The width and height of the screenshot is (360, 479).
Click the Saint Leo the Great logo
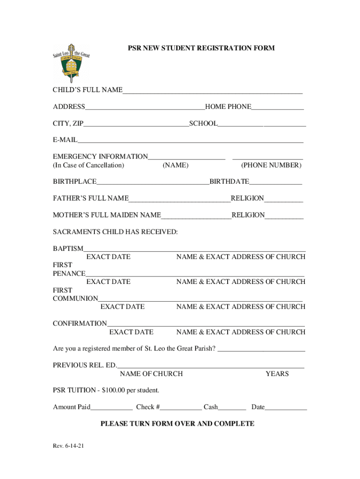(x=71, y=63)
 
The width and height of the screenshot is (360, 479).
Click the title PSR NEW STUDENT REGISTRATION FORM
(x=202, y=48)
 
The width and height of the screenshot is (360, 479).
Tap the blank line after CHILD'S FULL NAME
(x=212, y=91)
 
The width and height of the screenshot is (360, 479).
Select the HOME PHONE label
(x=228, y=107)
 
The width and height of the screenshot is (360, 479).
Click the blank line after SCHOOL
(x=262, y=124)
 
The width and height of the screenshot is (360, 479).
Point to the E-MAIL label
(x=65, y=140)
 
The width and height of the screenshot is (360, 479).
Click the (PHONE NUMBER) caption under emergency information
(x=271, y=166)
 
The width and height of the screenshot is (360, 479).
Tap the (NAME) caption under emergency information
(x=175, y=166)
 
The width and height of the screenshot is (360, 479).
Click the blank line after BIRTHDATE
(x=275, y=182)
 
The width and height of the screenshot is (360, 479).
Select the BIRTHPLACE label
(x=75, y=181)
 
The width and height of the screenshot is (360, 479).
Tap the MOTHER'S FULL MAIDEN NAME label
(x=107, y=215)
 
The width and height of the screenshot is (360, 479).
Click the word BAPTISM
(x=68, y=248)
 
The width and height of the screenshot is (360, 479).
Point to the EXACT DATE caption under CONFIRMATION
(x=131, y=332)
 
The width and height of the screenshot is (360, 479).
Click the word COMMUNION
(x=75, y=298)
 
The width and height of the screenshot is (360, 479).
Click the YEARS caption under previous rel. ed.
(x=277, y=374)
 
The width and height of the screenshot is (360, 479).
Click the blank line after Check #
(x=181, y=408)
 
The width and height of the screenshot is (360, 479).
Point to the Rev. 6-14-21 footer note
(x=68, y=446)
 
